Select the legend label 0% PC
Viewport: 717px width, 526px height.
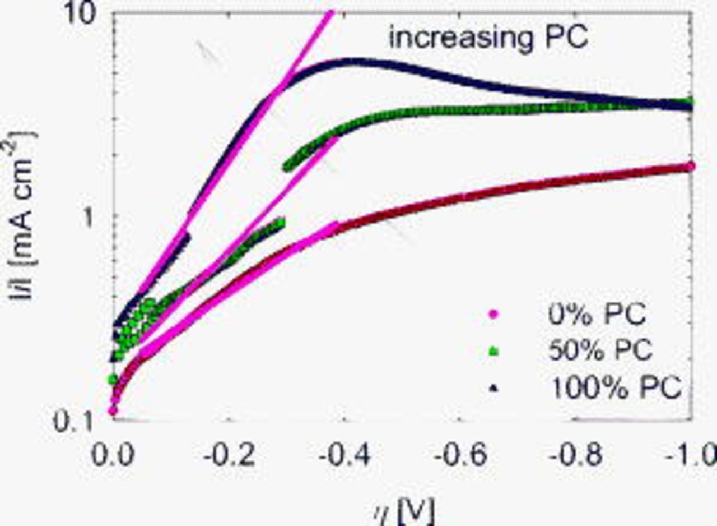(x=597, y=315)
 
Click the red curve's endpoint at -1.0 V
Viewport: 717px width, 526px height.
(x=690, y=166)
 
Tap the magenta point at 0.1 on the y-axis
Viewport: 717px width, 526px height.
(x=113, y=411)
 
